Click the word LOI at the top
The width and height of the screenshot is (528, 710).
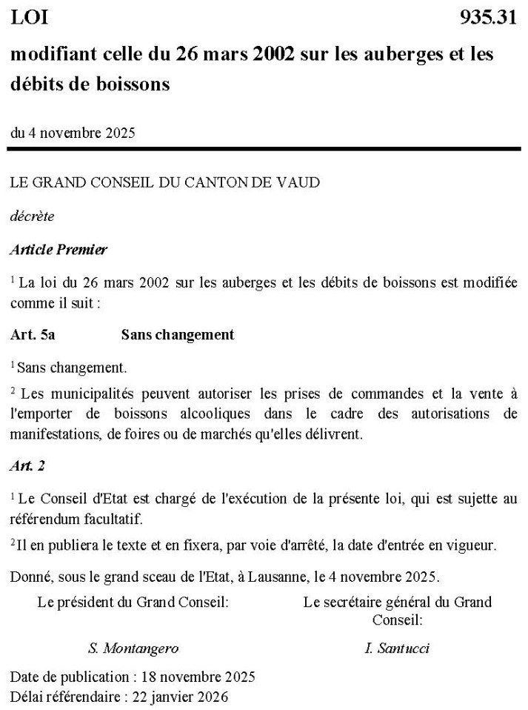tap(29, 19)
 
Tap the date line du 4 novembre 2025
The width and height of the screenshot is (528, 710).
tap(73, 133)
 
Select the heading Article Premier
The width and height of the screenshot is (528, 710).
tap(59, 250)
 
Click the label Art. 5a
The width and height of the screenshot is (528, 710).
tap(33, 335)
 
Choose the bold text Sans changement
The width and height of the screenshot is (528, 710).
tap(177, 335)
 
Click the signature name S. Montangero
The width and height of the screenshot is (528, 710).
tap(133, 648)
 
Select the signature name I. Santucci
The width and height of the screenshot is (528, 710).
tap(397, 648)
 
